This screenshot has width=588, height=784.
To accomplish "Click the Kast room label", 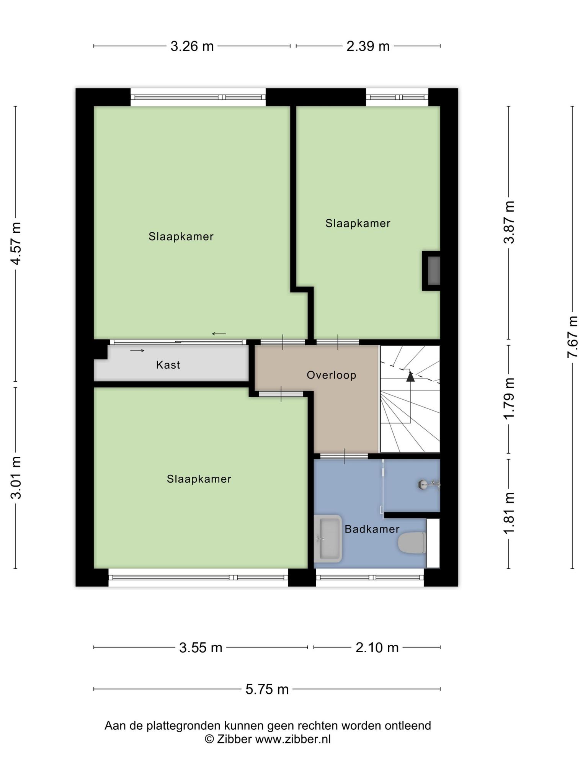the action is pos(168,365).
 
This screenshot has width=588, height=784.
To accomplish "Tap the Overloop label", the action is pos(332,375).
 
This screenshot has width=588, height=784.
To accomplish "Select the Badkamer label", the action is pos(372,529).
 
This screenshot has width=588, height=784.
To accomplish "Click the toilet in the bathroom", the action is pos(412,542).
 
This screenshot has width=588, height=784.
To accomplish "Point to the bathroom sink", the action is pos(328,539).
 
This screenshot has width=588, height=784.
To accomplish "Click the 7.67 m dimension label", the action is pos(572,337).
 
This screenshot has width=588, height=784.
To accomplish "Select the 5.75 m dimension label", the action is pos(267,689).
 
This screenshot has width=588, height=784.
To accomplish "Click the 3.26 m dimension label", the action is pos(192,46).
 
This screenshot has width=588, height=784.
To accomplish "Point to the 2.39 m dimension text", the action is pos(368,46).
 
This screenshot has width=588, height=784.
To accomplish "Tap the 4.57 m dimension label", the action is pos(16,243).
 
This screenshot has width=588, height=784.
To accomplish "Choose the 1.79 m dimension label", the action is pos(509,398).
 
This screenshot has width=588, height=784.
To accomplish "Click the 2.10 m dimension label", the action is pos(377,648).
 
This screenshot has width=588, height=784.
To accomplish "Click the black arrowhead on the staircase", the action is pos(410,377).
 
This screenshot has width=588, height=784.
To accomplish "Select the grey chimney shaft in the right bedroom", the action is pos(434,271).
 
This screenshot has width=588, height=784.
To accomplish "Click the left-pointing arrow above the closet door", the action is pos(219,334).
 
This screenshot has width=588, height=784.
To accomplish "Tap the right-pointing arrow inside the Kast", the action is pos(137,351).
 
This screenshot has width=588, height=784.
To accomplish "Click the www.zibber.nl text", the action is pos(293,739).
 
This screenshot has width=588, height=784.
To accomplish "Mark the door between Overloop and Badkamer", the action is pos(344,456).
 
